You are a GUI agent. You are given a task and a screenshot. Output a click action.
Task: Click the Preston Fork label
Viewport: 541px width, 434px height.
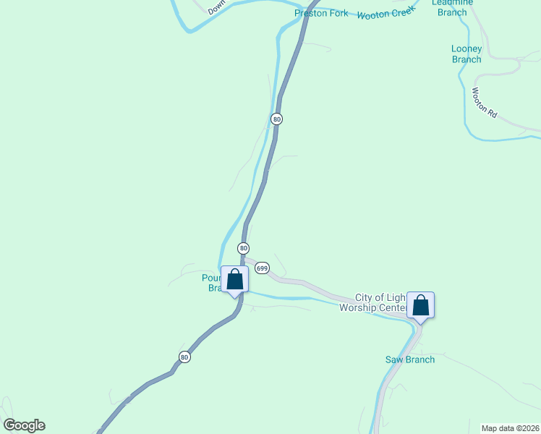tap(321, 14)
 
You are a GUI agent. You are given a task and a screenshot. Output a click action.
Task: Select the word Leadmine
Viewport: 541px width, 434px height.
tap(452, 3)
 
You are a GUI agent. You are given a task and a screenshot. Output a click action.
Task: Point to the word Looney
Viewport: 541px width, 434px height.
tap(467, 48)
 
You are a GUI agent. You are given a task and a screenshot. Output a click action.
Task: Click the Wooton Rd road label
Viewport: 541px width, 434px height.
tap(485, 103)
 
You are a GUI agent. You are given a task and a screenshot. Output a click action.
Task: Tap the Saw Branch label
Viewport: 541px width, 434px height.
tap(410, 359)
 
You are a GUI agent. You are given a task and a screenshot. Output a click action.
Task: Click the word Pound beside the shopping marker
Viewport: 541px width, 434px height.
tap(212, 277)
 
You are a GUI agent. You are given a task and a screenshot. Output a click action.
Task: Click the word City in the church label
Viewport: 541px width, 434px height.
tap(365, 298)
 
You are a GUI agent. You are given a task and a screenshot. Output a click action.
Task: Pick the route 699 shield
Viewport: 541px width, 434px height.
tap(262, 268)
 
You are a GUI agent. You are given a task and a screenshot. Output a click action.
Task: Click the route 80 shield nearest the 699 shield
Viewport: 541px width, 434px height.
tap(244, 248)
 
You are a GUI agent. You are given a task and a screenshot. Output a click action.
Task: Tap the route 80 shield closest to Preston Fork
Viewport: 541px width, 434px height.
tap(276, 119)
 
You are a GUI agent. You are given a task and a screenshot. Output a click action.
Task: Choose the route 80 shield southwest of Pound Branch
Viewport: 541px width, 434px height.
tap(184, 357)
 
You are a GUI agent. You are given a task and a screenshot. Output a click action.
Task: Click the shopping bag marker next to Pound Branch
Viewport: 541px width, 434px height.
tap(235, 279)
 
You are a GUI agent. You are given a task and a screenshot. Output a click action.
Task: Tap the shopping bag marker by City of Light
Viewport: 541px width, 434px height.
tap(420, 305)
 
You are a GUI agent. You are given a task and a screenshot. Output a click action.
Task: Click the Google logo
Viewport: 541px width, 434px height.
tap(24, 425)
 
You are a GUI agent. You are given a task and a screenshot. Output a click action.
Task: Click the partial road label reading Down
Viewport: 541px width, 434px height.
tap(217, 7)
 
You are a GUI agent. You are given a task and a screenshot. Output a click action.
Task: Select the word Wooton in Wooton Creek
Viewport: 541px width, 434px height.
tap(373, 14)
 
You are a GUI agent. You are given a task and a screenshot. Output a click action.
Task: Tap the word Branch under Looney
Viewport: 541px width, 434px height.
tap(467, 59)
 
